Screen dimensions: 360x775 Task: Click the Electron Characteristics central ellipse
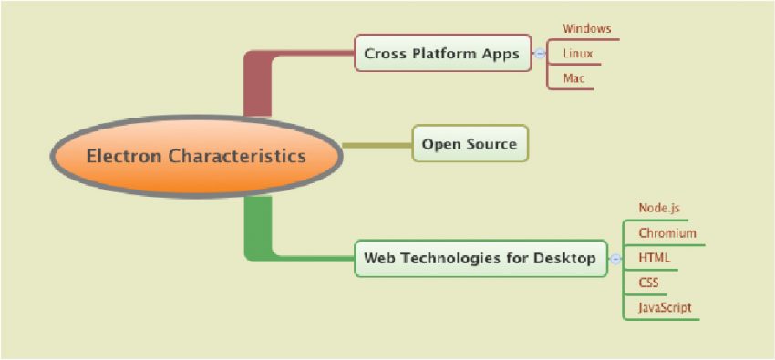click(196, 156)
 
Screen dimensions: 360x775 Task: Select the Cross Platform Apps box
click(442, 54)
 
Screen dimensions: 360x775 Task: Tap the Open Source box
click(470, 144)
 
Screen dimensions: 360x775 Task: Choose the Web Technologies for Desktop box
click(480, 258)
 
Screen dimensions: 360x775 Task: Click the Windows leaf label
click(586, 29)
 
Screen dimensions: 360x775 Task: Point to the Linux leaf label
click(577, 54)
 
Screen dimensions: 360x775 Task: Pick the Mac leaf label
click(573, 78)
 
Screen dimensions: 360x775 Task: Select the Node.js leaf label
click(659, 208)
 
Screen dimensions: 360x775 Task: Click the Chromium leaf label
click(666, 233)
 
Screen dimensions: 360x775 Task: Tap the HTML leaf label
click(654, 258)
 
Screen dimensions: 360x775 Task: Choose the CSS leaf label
click(649, 283)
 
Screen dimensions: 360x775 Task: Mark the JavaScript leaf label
click(665, 307)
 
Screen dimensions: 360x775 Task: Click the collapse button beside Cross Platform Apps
click(540, 54)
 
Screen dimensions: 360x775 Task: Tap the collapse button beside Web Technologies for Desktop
click(615, 259)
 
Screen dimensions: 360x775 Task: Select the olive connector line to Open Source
click(377, 145)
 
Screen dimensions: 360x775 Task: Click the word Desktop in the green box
click(567, 258)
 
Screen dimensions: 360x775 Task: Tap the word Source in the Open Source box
click(491, 144)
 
